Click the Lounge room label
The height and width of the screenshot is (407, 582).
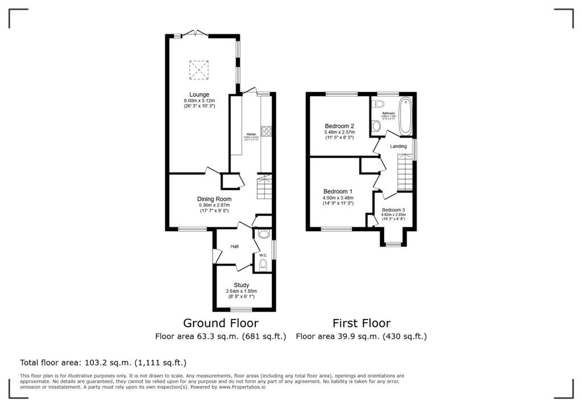(199, 94)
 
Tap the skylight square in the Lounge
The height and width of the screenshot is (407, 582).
(199, 71)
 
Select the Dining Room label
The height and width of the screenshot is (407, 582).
(214, 199)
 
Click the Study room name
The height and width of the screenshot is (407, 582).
(242, 285)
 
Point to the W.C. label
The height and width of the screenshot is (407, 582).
(263, 255)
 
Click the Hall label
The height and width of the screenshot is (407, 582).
(234, 247)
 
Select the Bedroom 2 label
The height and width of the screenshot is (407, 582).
(340, 126)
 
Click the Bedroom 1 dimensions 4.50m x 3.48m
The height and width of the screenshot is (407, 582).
(338, 197)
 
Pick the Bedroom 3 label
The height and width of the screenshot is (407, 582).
(393, 210)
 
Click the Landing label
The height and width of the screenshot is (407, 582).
(398, 146)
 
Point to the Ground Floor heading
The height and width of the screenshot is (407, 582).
(221, 323)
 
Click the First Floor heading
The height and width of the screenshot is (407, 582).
(361, 323)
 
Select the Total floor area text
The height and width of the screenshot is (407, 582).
(103, 362)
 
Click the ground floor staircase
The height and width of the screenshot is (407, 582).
(265, 187)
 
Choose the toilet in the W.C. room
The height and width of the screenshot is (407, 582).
(263, 264)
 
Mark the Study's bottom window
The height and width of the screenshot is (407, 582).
(241, 310)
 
